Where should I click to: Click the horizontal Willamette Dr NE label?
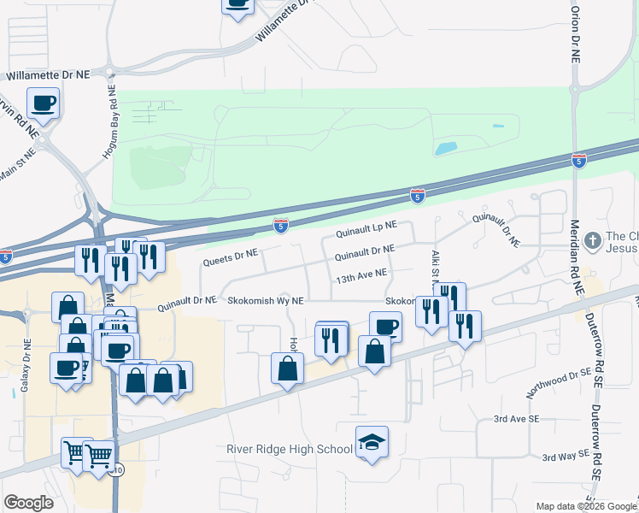click(48, 75)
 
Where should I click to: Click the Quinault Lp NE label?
click(367, 227)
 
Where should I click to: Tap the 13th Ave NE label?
click(361, 275)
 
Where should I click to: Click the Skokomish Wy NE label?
click(266, 301)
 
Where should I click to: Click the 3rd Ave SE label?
click(517, 419)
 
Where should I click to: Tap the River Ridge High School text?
click(290, 449)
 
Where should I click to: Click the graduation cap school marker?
click(372, 442)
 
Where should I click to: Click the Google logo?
click(29, 502)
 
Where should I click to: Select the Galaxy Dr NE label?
click(26, 373)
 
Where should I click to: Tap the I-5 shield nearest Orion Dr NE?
click(579, 160)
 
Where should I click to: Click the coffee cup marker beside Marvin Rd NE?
click(43, 103)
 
